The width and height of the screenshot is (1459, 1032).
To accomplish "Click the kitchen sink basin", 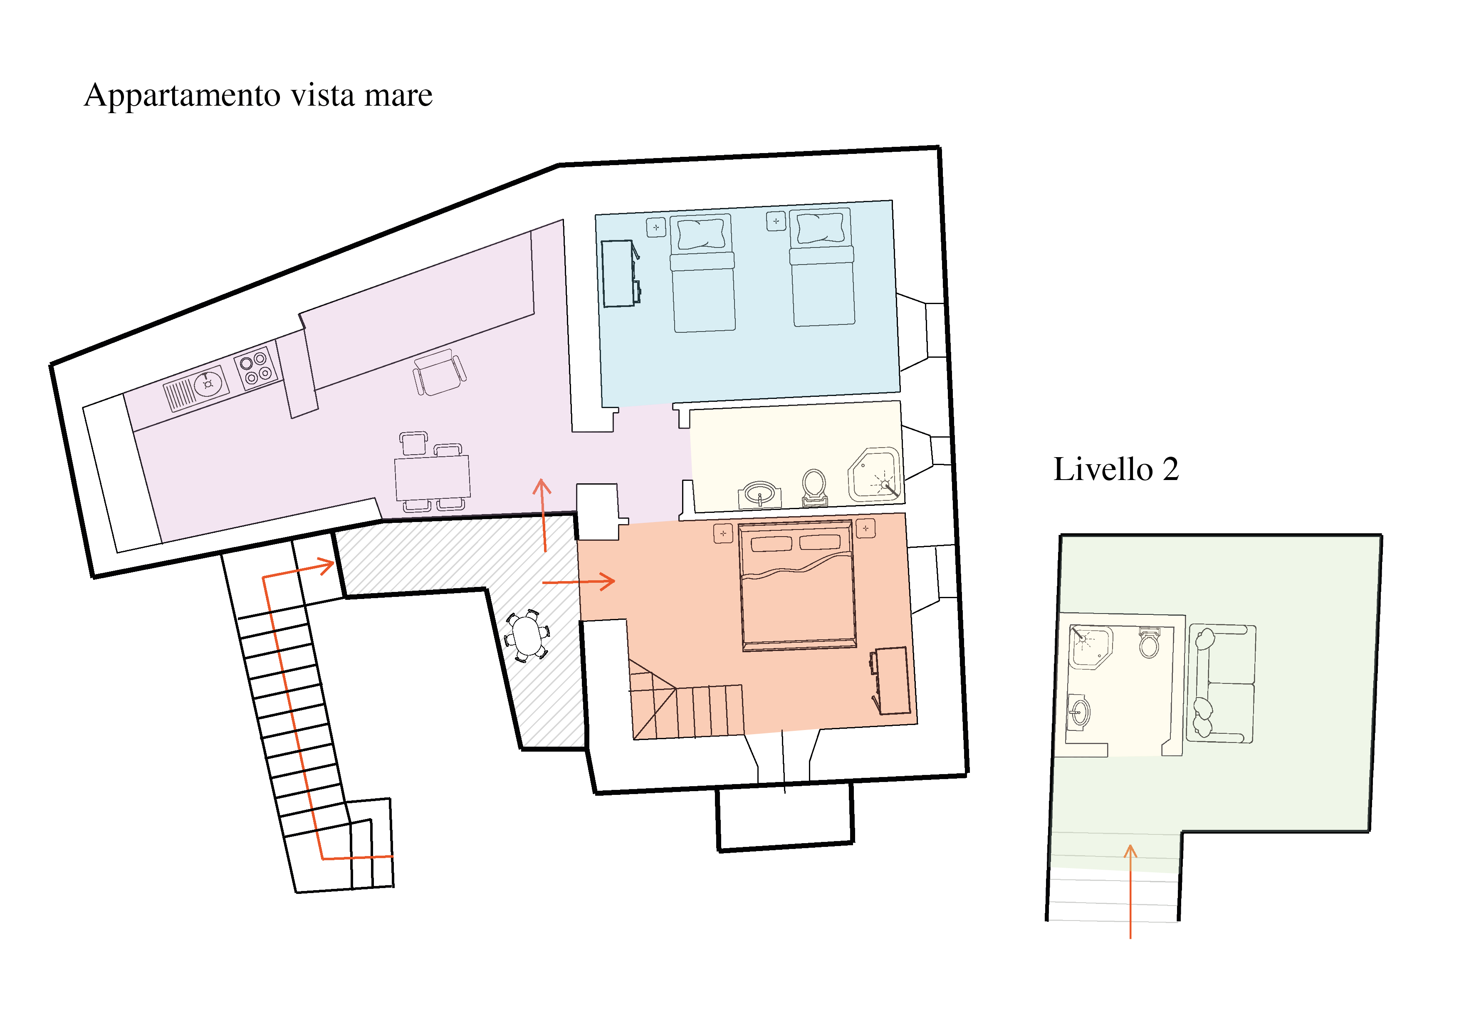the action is (208, 384).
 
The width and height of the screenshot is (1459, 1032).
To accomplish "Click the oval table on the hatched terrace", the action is (527, 636).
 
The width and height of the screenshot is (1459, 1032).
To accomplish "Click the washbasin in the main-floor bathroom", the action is (760, 495).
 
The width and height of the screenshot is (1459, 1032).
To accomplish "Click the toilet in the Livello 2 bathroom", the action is (1149, 643).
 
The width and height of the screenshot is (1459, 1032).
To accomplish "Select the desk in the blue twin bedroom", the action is (620, 273).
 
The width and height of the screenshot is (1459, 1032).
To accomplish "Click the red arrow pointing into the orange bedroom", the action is (578, 582).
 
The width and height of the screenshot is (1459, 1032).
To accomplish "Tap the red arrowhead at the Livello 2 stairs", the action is (1130, 851).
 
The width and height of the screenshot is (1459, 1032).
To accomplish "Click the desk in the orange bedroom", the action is (891, 681).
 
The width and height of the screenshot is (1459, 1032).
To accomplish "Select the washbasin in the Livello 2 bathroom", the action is (1079, 713).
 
